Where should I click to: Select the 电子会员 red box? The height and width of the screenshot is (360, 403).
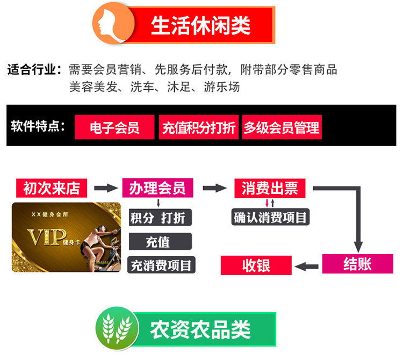pos(114,127)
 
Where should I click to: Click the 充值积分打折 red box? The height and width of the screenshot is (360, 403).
pos(198,127)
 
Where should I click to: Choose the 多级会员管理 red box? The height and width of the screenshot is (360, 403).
pos(282,127)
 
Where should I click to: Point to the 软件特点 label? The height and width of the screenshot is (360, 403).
pos(38,127)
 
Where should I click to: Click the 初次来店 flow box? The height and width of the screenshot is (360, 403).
pos(51,188)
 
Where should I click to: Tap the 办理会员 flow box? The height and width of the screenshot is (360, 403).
pos(157,188)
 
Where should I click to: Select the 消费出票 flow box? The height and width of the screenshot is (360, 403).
pos(270,188)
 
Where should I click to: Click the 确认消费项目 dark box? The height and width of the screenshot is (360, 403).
pos(270,217)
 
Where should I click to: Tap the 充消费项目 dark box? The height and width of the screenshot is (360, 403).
pos(161,265)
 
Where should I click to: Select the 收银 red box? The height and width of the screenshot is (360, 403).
pos(256,265)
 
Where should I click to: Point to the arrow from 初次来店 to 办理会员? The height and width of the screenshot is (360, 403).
pos(105,188)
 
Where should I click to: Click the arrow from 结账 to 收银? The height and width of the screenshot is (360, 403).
pos(307,265)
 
